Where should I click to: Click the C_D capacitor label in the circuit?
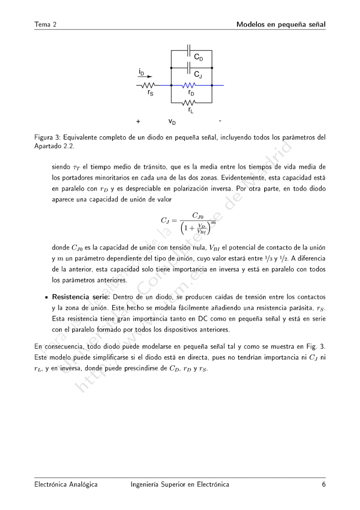[x=199, y=58]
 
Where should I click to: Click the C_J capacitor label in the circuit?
[x=199, y=74]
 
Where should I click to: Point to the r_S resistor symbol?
[x=149, y=85]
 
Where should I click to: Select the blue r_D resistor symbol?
[x=190, y=85]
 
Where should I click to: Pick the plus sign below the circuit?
[x=138, y=122]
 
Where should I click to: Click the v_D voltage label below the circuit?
[x=172, y=122]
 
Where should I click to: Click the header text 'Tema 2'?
[x=45, y=24]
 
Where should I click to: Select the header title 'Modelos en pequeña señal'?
[x=281, y=24]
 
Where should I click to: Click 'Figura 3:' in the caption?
[x=48, y=137]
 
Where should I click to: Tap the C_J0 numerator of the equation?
[x=200, y=215]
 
